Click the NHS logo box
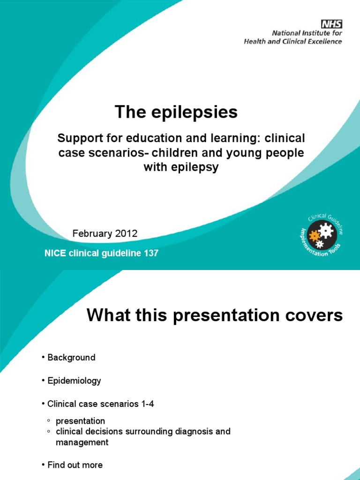331,24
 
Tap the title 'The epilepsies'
176,112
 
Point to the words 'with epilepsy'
181,167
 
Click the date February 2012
105,234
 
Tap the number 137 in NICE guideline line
150,254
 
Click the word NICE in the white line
52,254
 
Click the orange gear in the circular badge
314,236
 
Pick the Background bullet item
71,357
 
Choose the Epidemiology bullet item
74,381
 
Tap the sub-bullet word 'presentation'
80,420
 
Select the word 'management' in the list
82,442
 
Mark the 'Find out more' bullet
75,465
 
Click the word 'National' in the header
288,33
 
